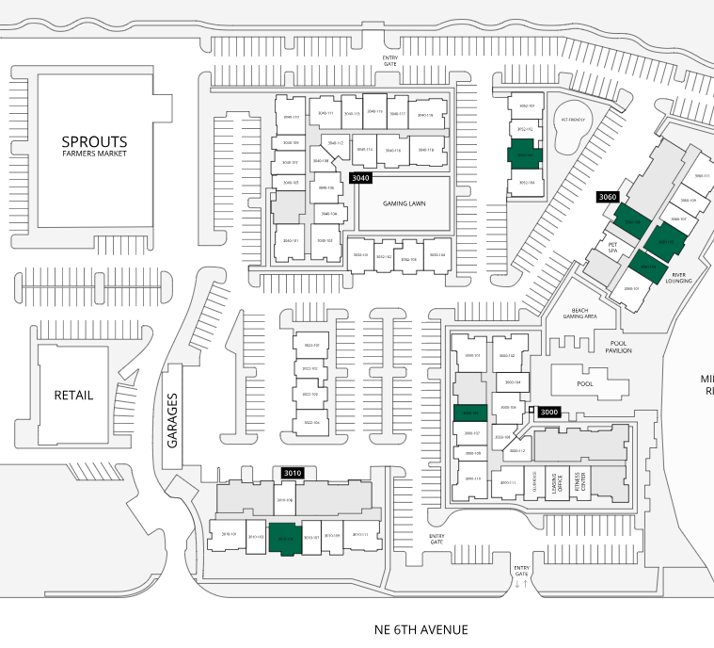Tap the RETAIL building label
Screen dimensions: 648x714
click(x=73, y=395)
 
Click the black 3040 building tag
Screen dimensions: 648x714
click(x=360, y=177)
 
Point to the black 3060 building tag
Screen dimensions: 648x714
click(x=608, y=197)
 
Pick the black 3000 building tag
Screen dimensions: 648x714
click(x=549, y=412)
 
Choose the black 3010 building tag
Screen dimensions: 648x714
click(x=293, y=472)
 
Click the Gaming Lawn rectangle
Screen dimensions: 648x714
click(x=405, y=203)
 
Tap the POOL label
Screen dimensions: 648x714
click(x=584, y=385)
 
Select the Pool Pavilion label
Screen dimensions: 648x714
click(x=619, y=347)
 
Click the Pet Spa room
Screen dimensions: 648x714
click(x=611, y=248)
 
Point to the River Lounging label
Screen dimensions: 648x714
click(x=678, y=277)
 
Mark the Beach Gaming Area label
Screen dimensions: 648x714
click(x=580, y=314)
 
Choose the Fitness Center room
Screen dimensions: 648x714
click(x=583, y=481)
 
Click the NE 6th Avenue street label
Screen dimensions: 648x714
click(x=420, y=629)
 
